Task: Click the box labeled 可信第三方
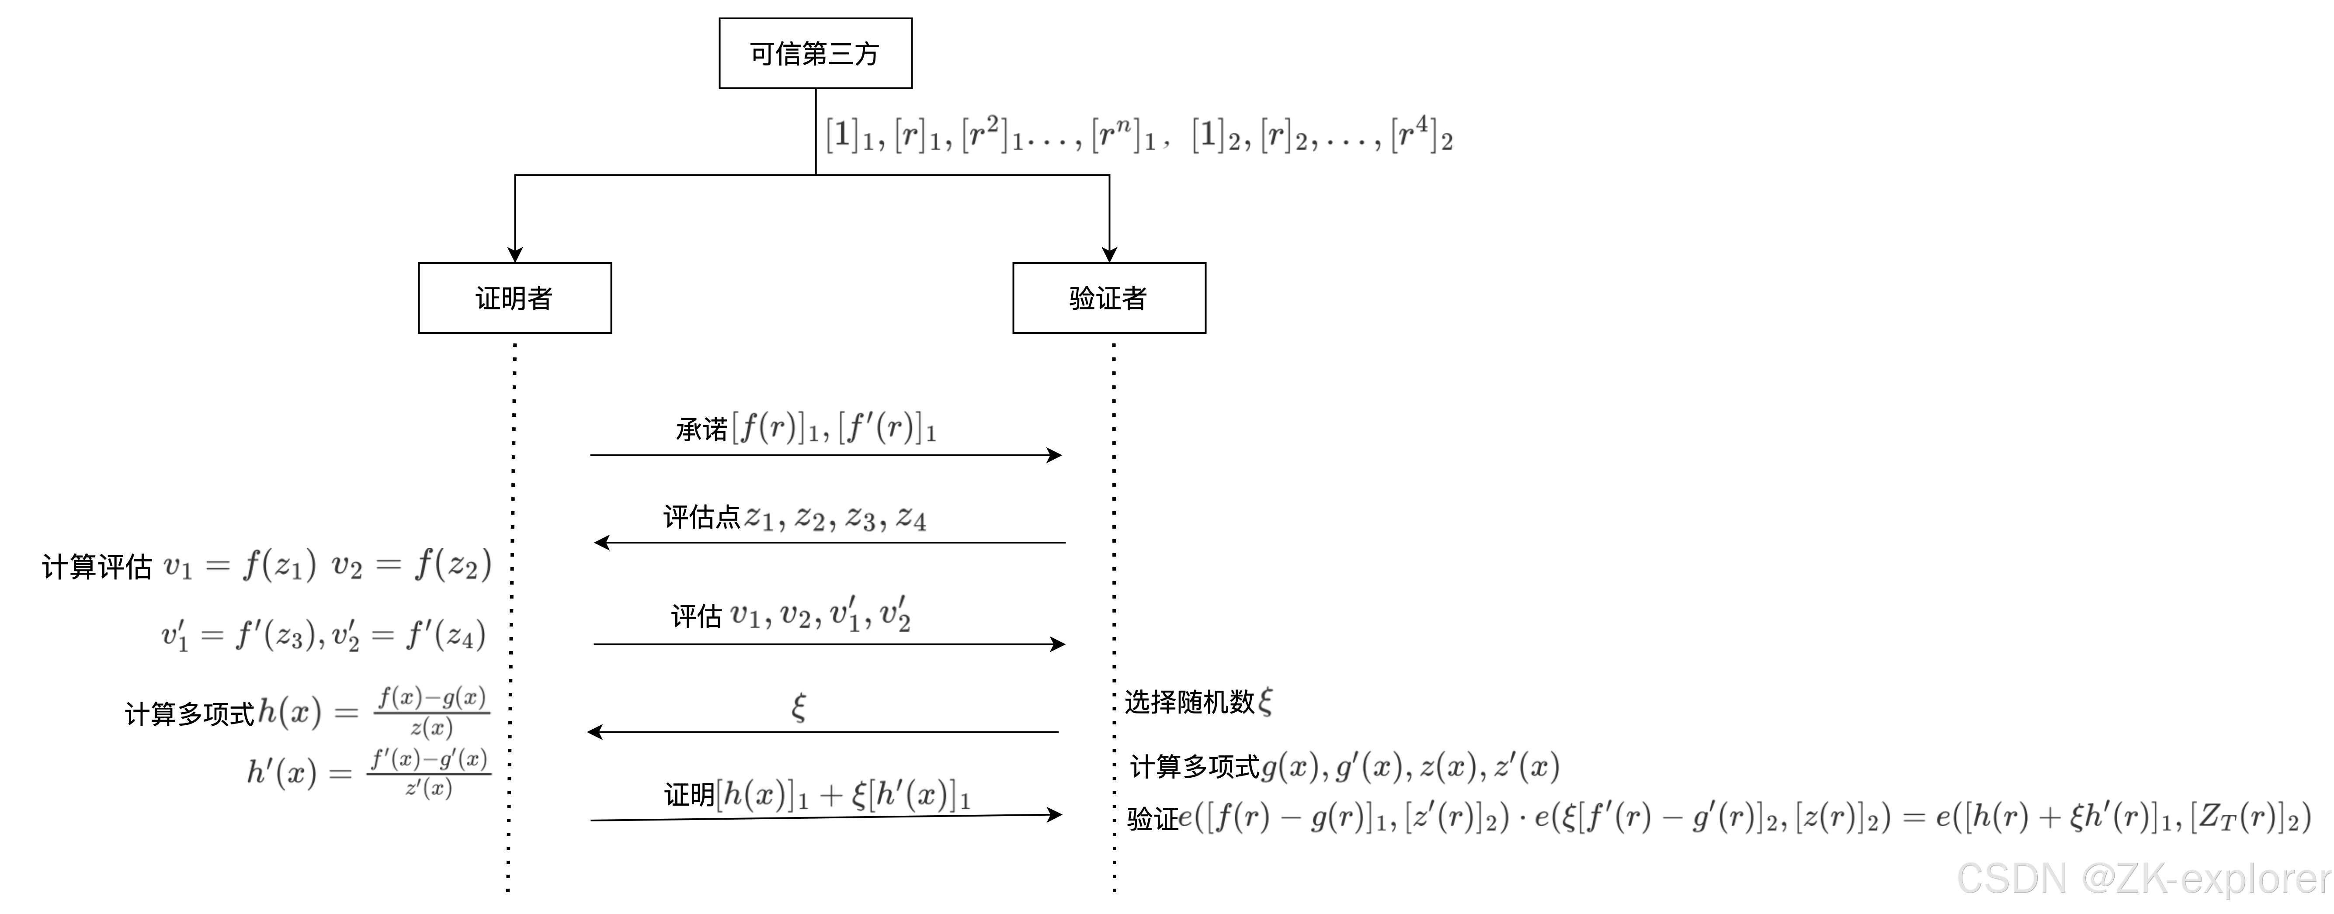pyautogui.click(x=815, y=53)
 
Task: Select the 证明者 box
pyautogui.click(x=514, y=298)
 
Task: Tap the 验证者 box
pyautogui.click(x=1108, y=298)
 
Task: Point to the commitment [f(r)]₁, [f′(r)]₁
pyautogui.click(x=834, y=426)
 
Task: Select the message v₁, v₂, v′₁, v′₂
pyautogui.click(x=823, y=615)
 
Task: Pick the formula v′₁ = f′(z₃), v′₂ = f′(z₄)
pyautogui.click(x=323, y=634)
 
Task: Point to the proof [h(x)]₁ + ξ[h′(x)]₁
pyautogui.click(x=843, y=794)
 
